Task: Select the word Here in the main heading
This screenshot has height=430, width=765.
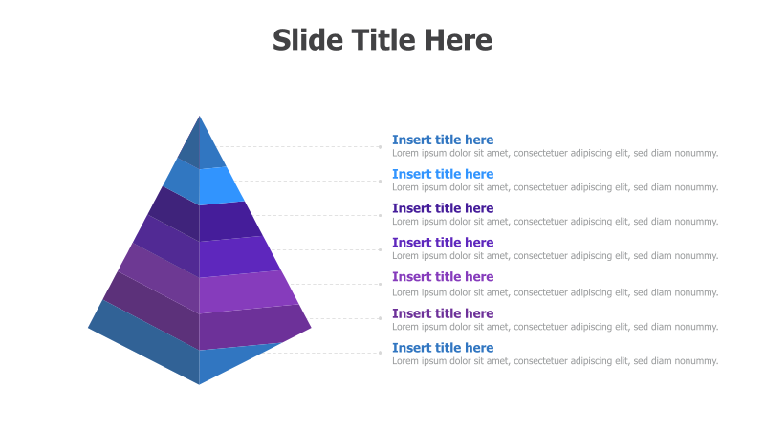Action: pos(458,40)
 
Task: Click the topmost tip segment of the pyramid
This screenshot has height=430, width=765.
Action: pos(202,146)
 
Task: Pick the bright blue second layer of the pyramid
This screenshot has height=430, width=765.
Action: pos(218,185)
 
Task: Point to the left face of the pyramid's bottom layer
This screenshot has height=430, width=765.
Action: pos(143,344)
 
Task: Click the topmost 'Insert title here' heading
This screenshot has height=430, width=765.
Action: pos(443,140)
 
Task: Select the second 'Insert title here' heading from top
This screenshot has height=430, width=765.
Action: pos(443,174)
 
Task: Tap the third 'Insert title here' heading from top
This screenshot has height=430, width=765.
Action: pos(443,208)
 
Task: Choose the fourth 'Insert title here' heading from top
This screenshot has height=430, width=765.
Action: pos(443,243)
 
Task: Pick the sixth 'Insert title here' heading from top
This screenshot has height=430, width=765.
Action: pos(443,313)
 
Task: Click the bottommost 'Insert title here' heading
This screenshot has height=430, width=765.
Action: pos(443,348)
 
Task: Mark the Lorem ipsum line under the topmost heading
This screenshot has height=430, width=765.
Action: pos(555,153)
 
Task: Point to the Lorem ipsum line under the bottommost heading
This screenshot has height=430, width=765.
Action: pos(555,361)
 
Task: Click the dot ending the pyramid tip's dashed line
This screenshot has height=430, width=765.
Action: pos(380,147)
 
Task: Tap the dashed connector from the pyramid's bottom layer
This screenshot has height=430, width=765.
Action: pos(325,353)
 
